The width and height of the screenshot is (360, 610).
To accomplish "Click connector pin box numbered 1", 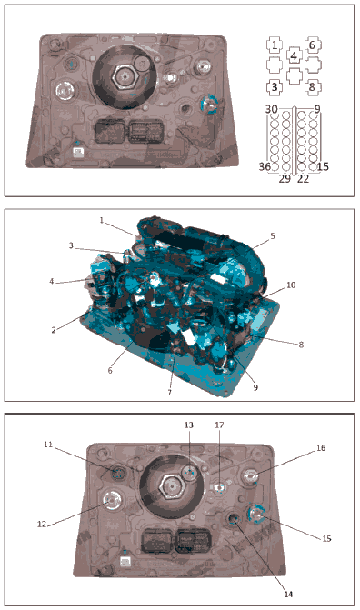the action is [275, 45].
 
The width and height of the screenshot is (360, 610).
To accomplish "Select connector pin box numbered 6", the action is [312, 45].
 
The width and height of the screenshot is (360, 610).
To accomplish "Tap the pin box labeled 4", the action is [294, 55].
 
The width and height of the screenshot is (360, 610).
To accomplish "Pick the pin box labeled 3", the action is [275, 87].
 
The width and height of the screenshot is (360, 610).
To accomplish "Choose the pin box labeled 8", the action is [312, 87].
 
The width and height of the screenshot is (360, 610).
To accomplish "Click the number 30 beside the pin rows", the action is [271, 109].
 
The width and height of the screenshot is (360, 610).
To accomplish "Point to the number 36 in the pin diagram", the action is [265, 166].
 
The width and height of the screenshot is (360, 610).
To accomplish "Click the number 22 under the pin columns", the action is [303, 178].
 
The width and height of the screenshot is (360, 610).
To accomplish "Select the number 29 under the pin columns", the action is [285, 178].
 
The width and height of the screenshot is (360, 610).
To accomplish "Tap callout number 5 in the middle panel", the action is [273, 236].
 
